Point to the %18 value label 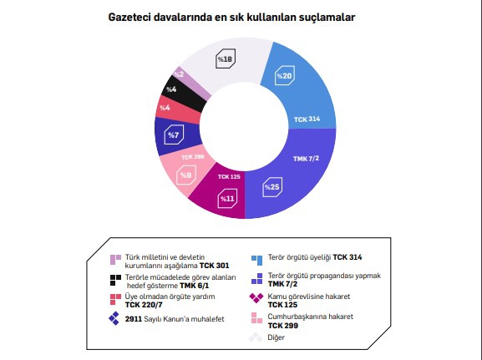point(225,59)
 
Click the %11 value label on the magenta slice point(226,199)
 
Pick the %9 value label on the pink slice point(186,175)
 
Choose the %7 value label point(173,134)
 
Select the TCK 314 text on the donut point(307,119)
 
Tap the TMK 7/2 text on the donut point(307,158)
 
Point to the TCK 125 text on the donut point(229,177)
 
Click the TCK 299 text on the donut point(192,156)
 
